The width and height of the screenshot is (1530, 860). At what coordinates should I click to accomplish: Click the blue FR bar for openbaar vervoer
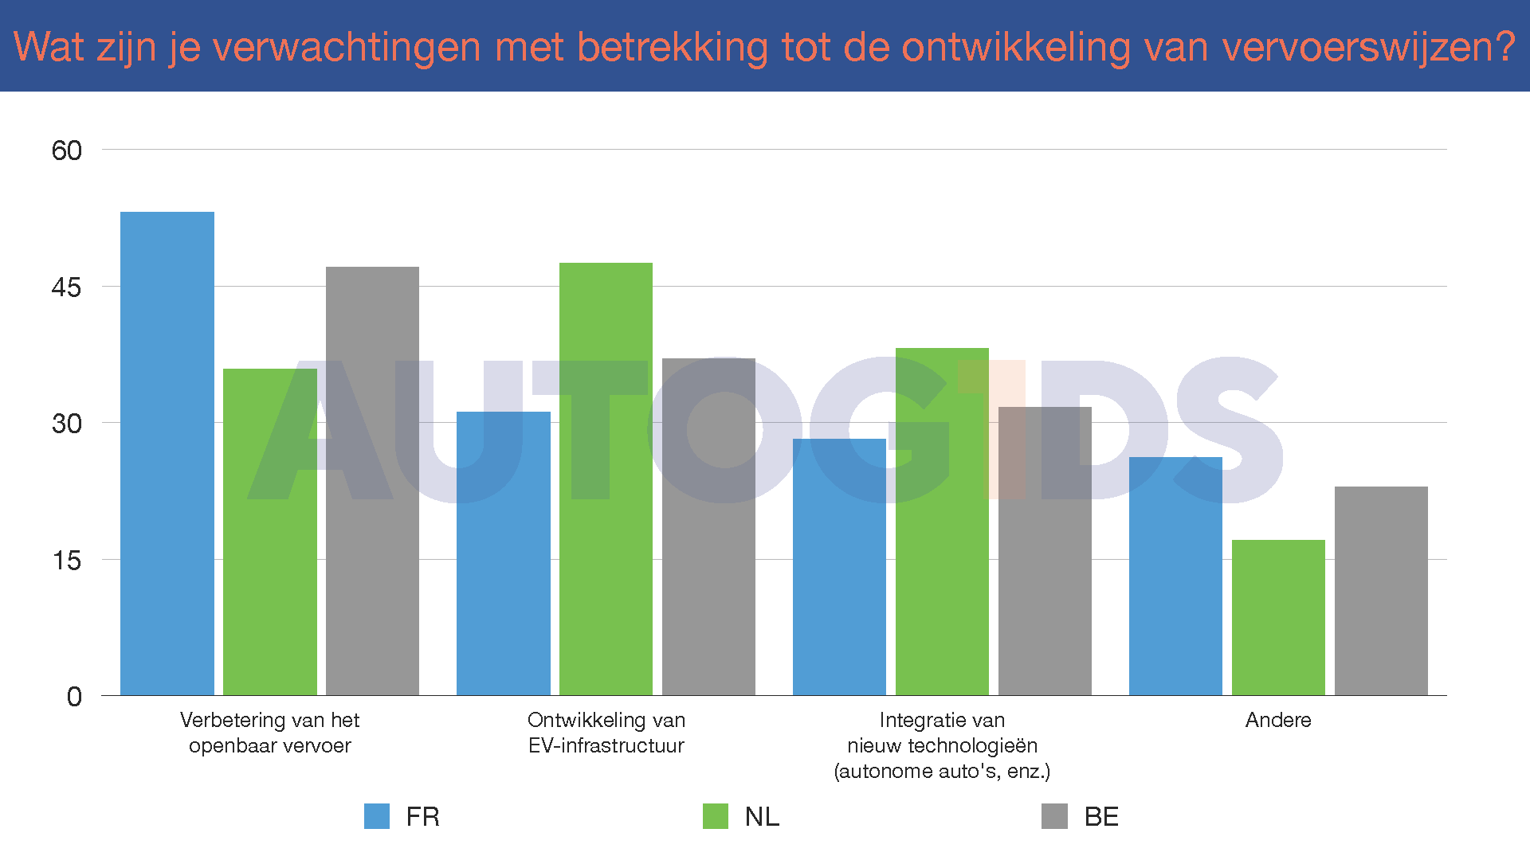point(167,454)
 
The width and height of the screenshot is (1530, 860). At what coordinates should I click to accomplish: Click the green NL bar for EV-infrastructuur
point(606,479)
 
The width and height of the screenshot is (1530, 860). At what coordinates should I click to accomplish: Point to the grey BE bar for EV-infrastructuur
point(708,526)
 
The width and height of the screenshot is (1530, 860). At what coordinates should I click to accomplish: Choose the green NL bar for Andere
point(1278,617)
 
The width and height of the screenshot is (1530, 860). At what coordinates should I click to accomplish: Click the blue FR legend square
point(377,816)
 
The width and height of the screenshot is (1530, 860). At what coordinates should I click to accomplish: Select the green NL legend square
point(716,816)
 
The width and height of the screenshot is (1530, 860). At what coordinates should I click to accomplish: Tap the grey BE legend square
point(1054,816)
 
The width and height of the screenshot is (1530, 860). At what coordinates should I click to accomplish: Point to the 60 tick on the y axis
point(67,150)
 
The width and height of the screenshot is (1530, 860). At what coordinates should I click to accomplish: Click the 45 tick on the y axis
point(67,287)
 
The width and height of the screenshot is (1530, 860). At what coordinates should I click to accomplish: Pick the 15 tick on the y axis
point(67,561)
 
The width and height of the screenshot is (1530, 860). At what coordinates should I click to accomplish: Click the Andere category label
point(1278,720)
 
